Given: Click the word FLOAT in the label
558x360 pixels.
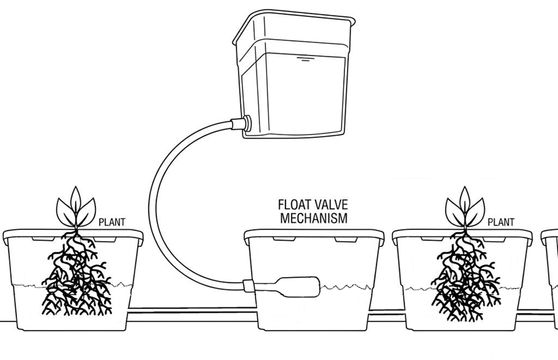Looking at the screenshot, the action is click(x=294, y=205).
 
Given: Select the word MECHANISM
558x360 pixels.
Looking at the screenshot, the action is click(x=314, y=218).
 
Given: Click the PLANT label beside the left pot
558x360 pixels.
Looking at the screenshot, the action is click(x=112, y=222).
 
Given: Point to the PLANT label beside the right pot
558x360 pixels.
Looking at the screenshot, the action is click(x=501, y=222).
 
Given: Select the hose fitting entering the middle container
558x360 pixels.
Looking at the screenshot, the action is click(x=248, y=286).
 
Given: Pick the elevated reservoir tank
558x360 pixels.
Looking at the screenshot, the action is click(x=293, y=74).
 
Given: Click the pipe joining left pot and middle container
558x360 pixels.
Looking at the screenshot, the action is click(x=192, y=310).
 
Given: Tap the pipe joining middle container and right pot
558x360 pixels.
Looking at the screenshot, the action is click(x=386, y=312).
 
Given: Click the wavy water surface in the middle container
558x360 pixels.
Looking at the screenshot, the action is click(x=347, y=287).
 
